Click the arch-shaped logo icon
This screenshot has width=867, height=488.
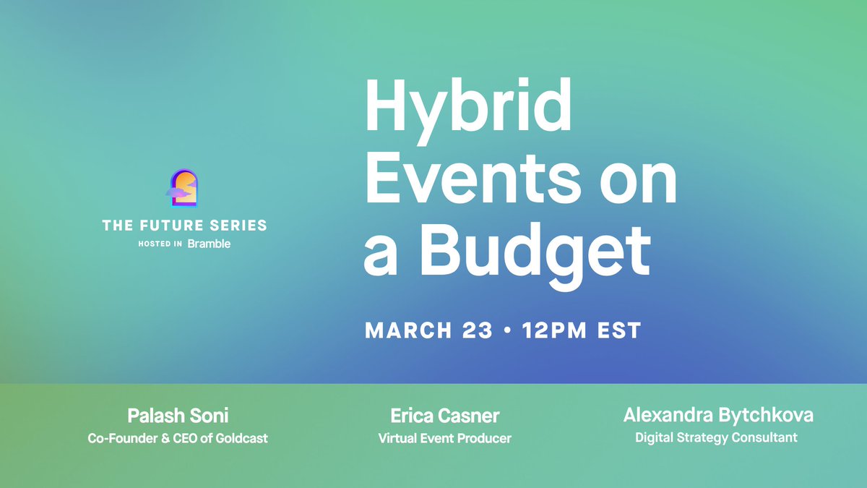tap(184, 189)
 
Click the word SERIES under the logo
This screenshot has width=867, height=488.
tap(238, 226)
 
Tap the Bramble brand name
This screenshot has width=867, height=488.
tap(209, 244)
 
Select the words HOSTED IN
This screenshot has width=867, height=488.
tap(160, 244)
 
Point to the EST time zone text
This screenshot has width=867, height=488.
tap(619, 331)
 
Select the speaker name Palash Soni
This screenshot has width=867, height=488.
tap(177, 416)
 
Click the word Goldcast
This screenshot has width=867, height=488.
tap(241, 438)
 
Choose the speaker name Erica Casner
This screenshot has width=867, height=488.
tap(444, 416)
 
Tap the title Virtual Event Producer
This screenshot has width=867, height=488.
tap(444, 438)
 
